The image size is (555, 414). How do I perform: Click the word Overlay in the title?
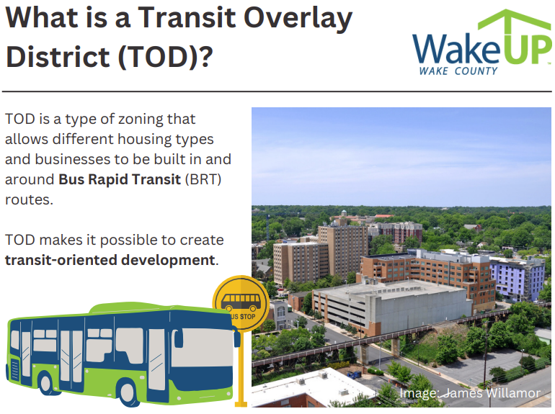[298, 19]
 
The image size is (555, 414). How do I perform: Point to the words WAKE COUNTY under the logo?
[458, 71]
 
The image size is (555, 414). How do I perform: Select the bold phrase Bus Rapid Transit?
[120, 179]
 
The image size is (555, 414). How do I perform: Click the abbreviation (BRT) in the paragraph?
[203, 179]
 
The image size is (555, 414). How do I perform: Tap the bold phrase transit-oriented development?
[110, 260]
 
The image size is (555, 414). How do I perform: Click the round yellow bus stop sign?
[241, 303]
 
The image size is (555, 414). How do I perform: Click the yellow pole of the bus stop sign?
[241, 368]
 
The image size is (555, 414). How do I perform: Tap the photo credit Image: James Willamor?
[470, 393]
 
